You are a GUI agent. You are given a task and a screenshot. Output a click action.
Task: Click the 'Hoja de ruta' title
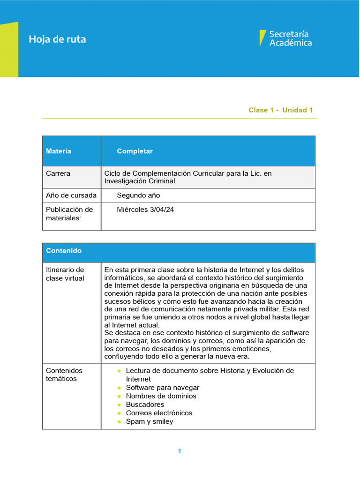[57, 39]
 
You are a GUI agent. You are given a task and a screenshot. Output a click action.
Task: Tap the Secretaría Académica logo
[285, 38]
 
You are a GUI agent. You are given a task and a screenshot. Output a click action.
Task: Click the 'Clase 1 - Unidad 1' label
[280, 110]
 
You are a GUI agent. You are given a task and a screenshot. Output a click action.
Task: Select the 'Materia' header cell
[59, 151]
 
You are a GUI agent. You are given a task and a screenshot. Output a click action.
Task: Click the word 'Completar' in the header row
[135, 151]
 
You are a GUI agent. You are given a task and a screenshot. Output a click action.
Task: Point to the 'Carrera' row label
[58, 173]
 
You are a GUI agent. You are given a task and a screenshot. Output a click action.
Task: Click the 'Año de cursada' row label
[71, 195]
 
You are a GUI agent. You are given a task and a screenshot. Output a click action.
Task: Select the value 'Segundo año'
[138, 195]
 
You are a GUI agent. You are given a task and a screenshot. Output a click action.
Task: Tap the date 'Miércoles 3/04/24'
[145, 210]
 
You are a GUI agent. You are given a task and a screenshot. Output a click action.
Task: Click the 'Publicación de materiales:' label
[69, 214]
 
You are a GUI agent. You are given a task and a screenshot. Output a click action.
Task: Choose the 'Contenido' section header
[64, 251]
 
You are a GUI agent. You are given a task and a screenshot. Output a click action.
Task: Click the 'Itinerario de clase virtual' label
[65, 274]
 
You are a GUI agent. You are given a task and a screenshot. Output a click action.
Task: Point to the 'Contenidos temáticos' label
[64, 375]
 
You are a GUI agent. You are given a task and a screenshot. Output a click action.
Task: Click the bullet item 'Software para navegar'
[162, 388]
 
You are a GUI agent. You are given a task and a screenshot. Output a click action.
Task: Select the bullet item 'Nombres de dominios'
[161, 396]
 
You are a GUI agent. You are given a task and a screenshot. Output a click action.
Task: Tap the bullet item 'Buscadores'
[145, 405]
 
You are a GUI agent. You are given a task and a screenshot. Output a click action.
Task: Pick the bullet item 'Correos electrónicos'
[159, 413]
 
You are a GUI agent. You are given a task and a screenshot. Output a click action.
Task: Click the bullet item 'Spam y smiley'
[149, 421]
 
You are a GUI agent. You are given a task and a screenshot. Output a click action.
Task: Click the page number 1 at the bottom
[180, 451]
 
